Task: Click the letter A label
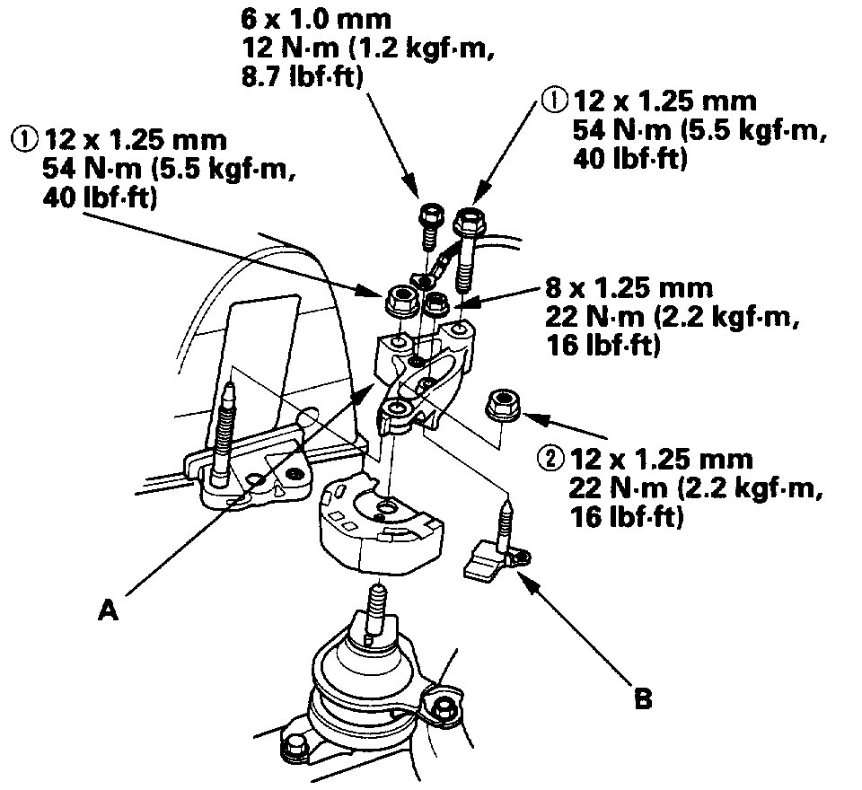[x=108, y=610]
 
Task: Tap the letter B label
[x=642, y=698]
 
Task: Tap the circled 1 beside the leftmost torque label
[x=22, y=140]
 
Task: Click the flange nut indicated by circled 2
[x=501, y=405]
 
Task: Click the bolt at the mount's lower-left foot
[x=295, y=746]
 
